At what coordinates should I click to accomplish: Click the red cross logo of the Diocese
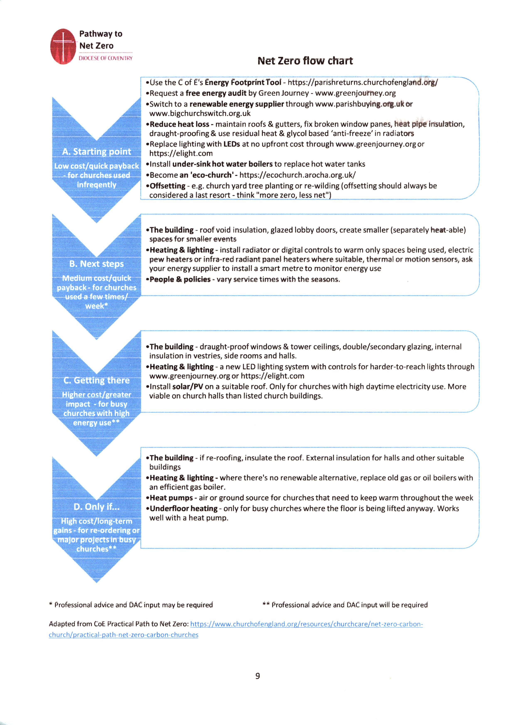pyautogui.click(x=64, y=46)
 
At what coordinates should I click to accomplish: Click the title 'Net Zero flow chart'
pyautogui.click(x=305, y=60)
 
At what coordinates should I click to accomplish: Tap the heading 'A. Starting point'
pyautogui.click(x=97, y=152)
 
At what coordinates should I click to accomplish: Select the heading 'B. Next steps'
pyautogui.click(x=97, y=264)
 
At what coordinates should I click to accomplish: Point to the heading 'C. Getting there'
pyautogui.click(x=97, y=380)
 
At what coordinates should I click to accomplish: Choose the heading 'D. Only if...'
pyautogui.click(x=97, y=507)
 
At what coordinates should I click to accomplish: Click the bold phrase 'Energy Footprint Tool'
pyautogui.click(x=243, y=83)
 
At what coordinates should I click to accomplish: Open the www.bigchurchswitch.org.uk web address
pyautogui.click(x=200, y=113)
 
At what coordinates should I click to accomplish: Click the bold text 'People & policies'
pyautogui.click(x=180, y=279)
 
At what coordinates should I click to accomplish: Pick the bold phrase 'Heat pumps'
pyautogui.click(x=171, y=498)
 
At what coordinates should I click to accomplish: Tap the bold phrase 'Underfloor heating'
pyautogui.click(x=184, y=508)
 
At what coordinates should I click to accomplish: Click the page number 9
pyautogui.click(x=258, y=676)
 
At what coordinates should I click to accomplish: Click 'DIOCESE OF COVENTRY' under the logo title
pyautogui.click(x=106, y=58)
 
